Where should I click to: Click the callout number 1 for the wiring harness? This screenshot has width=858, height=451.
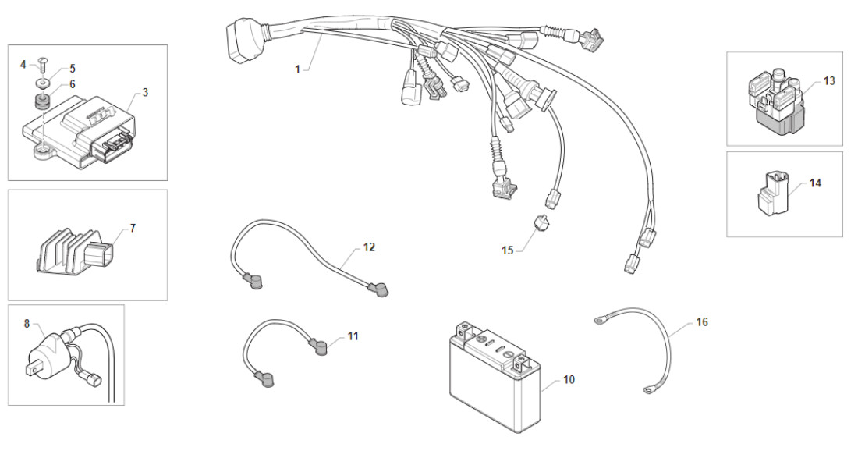coord(297,69)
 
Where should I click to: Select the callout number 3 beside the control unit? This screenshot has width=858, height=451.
coord(146,92)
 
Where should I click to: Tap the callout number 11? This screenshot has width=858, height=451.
coord(353,336)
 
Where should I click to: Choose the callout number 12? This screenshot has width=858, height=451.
coord(369,247)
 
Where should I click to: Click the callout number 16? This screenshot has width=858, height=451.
coord(702,322)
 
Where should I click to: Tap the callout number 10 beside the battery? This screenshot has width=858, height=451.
coord(569,379)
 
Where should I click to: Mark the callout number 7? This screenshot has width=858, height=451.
coord(133,228)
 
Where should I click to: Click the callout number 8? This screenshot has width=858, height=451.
coord(27,322)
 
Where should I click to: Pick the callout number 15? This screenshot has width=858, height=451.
coord(509,250)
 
